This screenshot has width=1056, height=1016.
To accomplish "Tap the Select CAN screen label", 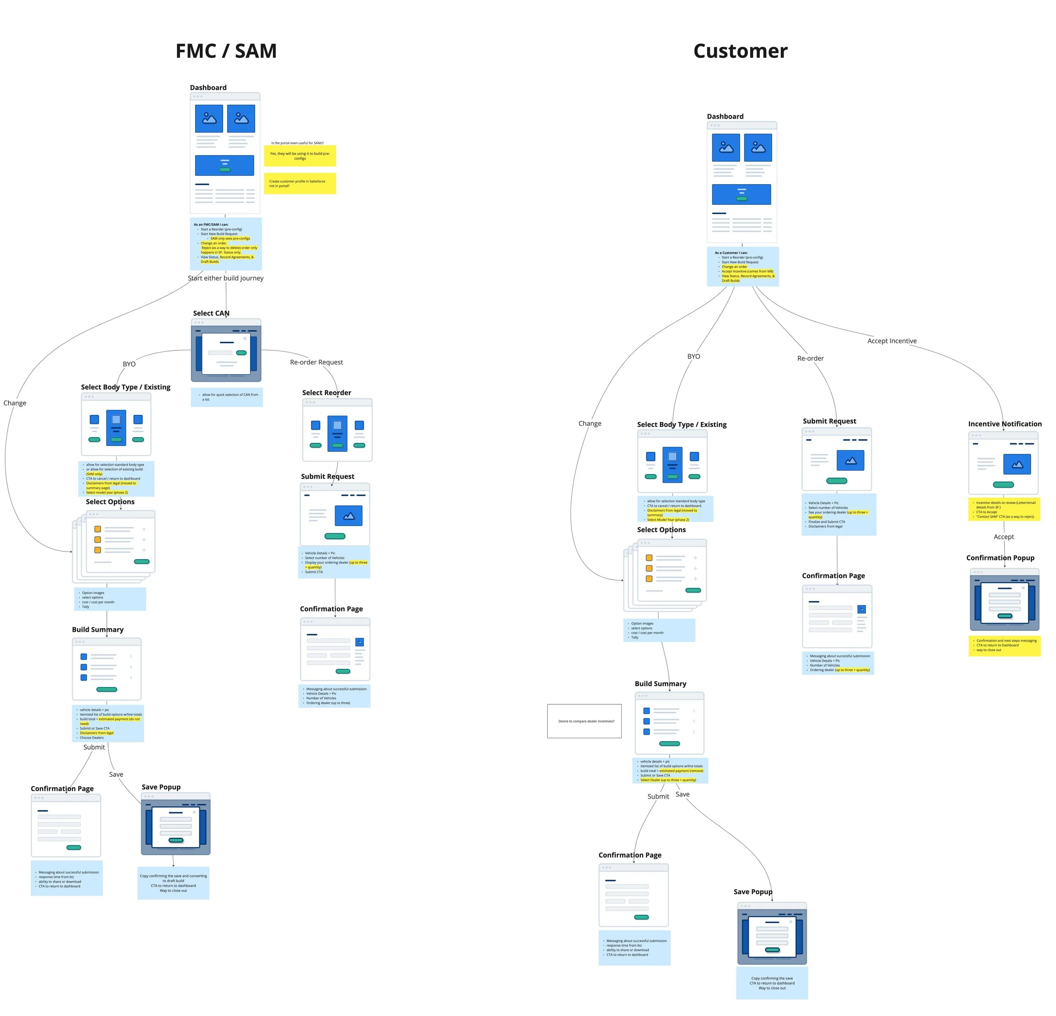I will point(211,313).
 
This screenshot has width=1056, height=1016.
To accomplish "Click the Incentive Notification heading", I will point(1004,424).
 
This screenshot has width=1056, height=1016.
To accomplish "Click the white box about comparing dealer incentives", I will point(584,721).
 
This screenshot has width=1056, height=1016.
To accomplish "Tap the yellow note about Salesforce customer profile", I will point(299,184).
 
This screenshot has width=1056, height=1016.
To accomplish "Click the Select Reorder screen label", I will point(326,393).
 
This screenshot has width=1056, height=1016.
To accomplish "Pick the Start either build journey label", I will point(225,278).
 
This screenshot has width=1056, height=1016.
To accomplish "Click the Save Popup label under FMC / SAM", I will point(161,787).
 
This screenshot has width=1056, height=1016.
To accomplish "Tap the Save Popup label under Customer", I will point(752,891).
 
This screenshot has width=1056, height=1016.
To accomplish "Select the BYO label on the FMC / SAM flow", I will point(129,364).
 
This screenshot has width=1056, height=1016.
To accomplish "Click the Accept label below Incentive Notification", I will point(1003,537).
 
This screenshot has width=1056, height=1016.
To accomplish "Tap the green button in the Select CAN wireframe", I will point(241,353).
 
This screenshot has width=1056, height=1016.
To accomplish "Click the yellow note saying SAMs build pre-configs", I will point(299,156).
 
